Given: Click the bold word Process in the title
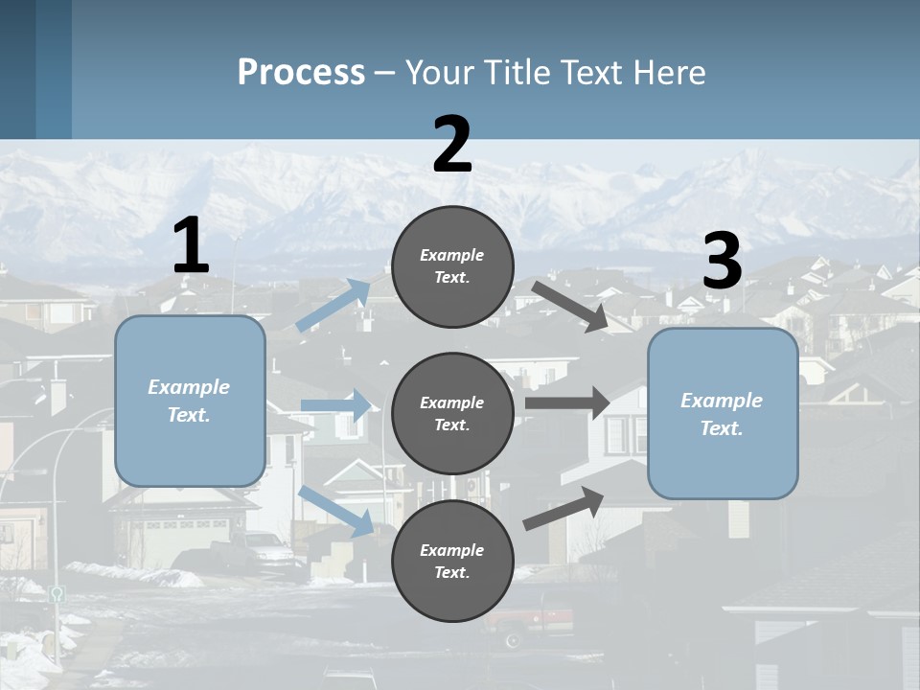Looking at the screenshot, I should click(x=301, y=73).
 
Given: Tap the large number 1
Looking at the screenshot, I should click(x=191, y=246).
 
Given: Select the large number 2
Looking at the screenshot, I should click(x=452, y=146).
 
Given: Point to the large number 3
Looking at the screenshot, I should click(x=722, y=262).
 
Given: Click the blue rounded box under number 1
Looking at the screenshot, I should click(x=190, y=401).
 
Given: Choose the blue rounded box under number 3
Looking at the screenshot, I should click(x=723, y=413).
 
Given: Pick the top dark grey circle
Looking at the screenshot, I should click(x=453, y=266).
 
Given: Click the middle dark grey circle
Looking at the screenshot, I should click(x=453, y=413).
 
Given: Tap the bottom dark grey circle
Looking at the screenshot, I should click(x=453, y=561).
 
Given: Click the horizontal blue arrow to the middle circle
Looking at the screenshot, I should click(x=336, y=405).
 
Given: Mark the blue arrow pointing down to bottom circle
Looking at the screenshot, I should click(x=336, y=511).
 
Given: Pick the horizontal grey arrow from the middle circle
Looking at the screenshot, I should click(x=567, y=402).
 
